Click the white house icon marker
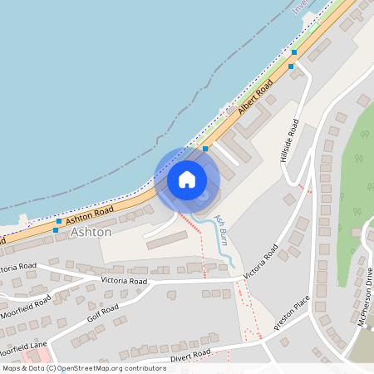coord(187,179)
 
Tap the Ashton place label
coord(91,233)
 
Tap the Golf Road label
coord(103,312)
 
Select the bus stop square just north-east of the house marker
coord(205,149)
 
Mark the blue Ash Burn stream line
coord(223,249)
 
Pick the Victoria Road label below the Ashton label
coord(124,282)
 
